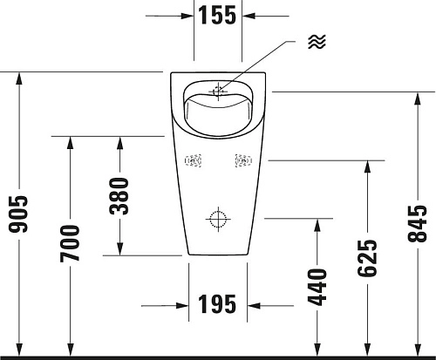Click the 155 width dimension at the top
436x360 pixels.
[x=218, y=16]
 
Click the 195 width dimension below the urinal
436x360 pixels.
[x=218, y=305]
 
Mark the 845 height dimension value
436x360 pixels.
[x=418, y=224]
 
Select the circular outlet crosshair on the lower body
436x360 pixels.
[x=218, y=217]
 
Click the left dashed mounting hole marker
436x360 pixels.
[x=194, y=160]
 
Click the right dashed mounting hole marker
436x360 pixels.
[x=243, y=160]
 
